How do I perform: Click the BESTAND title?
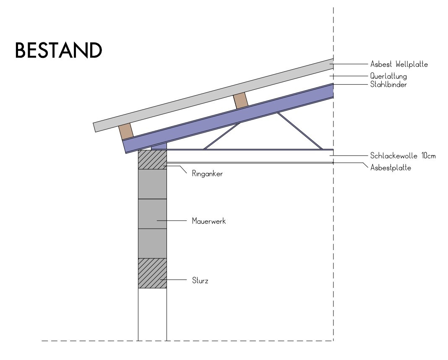[58, 51]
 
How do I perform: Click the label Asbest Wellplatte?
[399, 65]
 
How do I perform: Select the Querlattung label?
[389, 76]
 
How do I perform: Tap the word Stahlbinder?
[388, 84]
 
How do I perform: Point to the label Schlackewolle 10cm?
[403, 156]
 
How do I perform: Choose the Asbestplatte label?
[390, 167]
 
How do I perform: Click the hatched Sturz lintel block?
[152, 273]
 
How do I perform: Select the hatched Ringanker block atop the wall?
[152, 159]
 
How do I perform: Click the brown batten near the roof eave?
[126, 131]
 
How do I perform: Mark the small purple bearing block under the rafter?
[159, 146]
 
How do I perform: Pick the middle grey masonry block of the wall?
[152, 214]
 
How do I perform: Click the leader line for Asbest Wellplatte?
[348, 64]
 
